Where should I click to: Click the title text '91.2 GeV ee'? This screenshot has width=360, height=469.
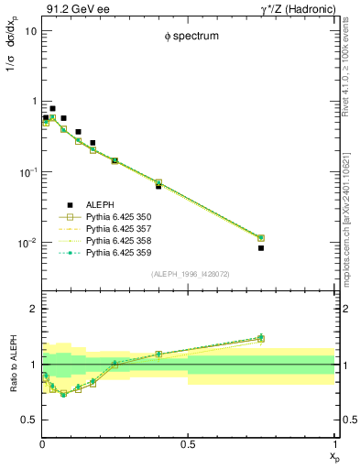tap(72, 8)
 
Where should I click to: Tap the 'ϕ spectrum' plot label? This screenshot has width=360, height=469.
tap(188, 37)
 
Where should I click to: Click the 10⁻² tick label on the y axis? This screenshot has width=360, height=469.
tap(27, 244)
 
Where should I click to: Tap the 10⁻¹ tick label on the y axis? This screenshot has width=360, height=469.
tap(27, 172)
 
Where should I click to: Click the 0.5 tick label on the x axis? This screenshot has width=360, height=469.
tap(188, 446)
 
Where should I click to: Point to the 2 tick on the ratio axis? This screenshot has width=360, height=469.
tap(33, 310)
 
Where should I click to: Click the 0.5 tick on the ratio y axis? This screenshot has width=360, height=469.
tap(29, 420)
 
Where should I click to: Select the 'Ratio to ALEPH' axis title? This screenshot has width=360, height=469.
tap(12, 365)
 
